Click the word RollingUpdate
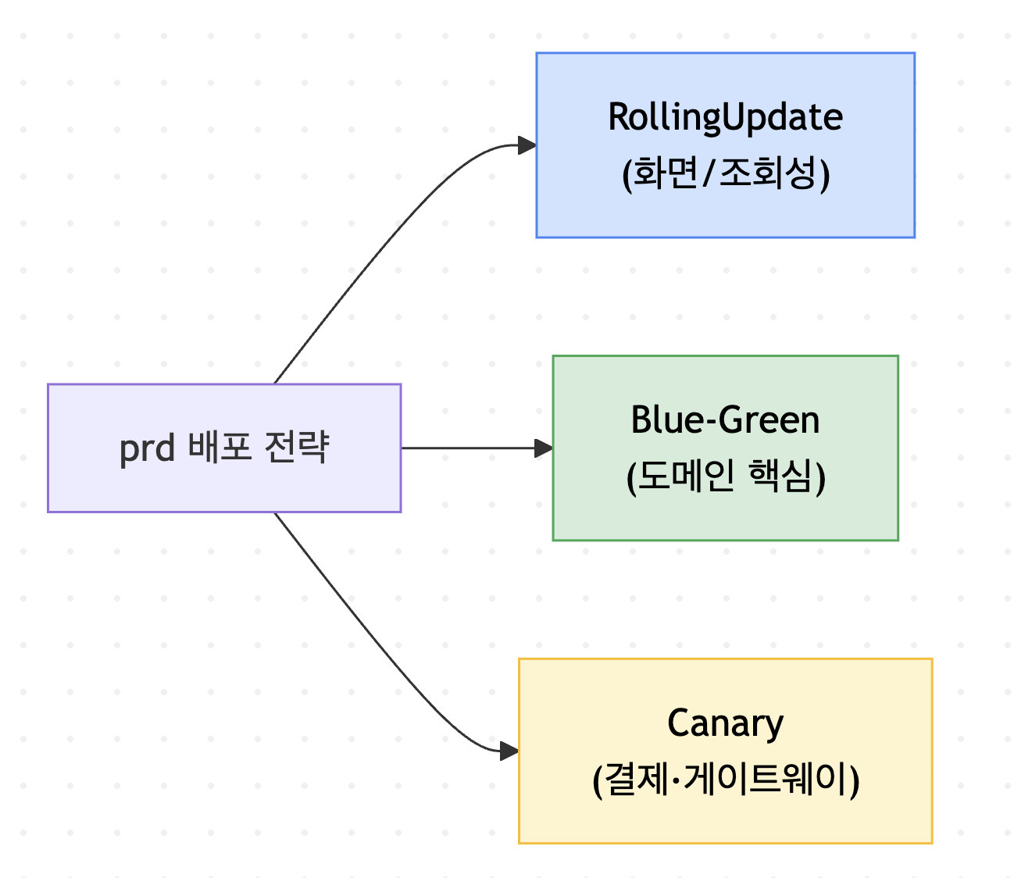tap(725, 118)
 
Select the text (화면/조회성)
tap(725, 173)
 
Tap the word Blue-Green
tap(725, 420)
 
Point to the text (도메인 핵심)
tap(726, 476)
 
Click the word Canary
tap(725, 724)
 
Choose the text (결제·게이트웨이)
tap(726, 780)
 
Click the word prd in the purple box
tap(147, 449)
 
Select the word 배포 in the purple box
tap(220, 447)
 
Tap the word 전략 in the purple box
tap(296, 447)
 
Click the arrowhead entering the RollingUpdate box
tap(527, 145)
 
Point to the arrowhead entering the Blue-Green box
tap(544, 448)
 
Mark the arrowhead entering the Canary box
tap(509, 751)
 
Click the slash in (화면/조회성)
tap(708, 173)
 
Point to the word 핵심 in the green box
tap(780, 476)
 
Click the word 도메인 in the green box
tap(687, 476)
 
